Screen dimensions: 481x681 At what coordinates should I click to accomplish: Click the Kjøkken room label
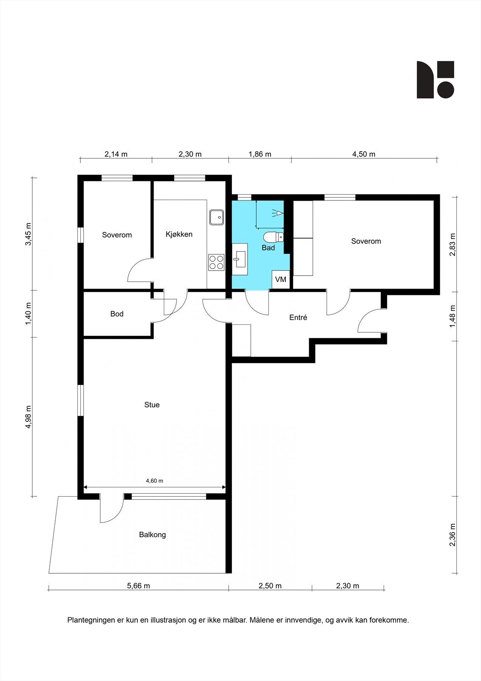click(179, 235)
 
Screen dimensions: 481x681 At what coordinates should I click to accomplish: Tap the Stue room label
click(152, 405)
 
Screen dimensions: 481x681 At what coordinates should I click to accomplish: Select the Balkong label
click(153, 535)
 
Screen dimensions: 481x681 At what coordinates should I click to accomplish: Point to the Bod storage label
click(117, 314)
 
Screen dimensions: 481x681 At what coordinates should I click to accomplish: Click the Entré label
click(298, 318)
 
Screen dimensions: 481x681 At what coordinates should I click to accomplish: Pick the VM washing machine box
click(280, 279)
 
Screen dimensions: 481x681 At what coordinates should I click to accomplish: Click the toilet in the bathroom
click(273, 237)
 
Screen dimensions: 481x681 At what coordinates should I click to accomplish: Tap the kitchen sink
click(216, 217)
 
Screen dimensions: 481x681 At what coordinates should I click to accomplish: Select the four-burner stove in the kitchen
click(216, 262)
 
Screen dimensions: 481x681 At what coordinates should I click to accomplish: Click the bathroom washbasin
click(240, 259)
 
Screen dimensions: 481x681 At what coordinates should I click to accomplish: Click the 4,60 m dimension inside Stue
click(155, 481)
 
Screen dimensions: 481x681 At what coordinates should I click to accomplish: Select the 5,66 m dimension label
click(139, 586)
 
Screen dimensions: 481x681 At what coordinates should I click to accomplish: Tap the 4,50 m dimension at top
click(364, 154)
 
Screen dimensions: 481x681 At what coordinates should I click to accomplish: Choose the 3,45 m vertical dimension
click(28, 234)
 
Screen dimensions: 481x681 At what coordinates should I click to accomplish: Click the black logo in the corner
click(435, 80)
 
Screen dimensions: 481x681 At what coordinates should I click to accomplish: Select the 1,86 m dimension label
click(260, 154)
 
